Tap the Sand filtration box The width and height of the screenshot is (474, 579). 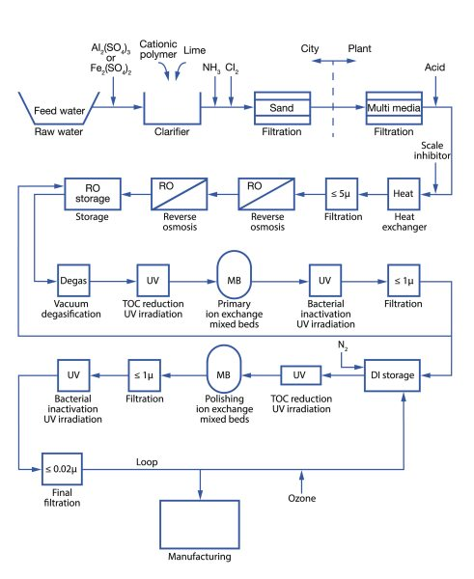click(x=281, y=109)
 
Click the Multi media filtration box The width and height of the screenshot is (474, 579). click(x=394, y=109)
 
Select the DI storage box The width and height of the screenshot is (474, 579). click(x=395, y=373)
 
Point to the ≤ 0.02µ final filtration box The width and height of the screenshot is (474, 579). click(x=63, y=471)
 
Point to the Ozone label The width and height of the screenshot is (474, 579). click(x=303, y=498)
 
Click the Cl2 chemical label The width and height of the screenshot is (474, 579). click(x=232, y=69)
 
